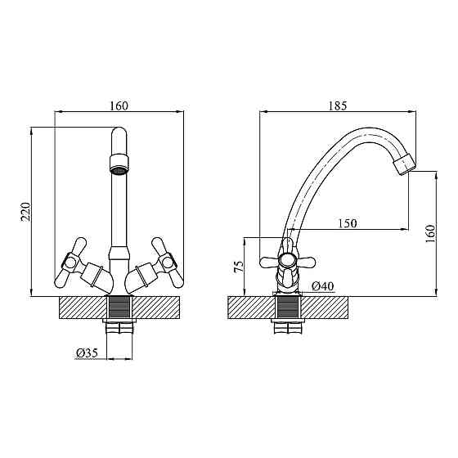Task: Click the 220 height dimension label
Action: pyautogui.click(x=25, y=212)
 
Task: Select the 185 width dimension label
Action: pyautogui.click(x=338, y=106)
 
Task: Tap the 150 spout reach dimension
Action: pyautogui.click(x=348, y=223)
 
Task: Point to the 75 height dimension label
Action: pyautogui.click(x=239, y=267)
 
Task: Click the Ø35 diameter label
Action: pyautogui.click(x=87, y=353)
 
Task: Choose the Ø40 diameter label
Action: pyautogui.click(x=322, y=286)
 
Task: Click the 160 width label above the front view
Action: pyautogui.click(x=119, y=106)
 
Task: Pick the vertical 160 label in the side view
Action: pyautogui.click(x=430, y=233)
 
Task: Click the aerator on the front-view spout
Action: pyautogui.click(x=119, y=164)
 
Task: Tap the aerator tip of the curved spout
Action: pyautogui.click(x=405, y=165)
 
